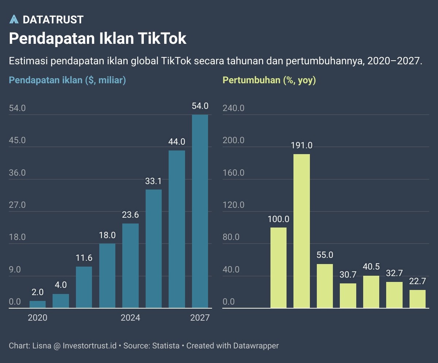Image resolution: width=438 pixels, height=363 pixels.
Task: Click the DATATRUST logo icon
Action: pyautogui.click(x=14, y=20)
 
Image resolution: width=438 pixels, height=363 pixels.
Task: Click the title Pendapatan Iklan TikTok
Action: pyautogui.click(x=97, y=39)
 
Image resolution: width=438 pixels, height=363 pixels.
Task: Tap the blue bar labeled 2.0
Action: pyautogui.click(x=38, y=304)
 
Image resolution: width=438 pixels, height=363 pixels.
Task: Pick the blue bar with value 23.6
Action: pyautogui.click(x=130, y=265)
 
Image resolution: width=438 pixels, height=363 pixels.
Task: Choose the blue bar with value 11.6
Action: pyautogui.click(x=84, y=287)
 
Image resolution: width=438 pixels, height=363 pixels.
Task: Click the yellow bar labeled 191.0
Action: pyautogui.click(x=301, y=231)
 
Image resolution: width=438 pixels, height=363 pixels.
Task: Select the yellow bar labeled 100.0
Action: pyautogui.click(x=278, y=268)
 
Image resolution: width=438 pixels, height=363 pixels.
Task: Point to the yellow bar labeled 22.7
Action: pyautogui.click(x=418, y=299)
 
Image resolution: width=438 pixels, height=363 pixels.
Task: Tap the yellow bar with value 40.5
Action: pyautogui.click(x=371, y=292)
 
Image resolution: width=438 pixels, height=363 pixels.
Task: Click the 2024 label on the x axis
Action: pyautogui.click(x=130, y=318)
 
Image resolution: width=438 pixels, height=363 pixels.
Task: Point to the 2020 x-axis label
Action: pyautogui.click(x=38, y=318)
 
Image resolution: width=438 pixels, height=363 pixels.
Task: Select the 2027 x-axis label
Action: pyautogui.click(x=200, y=318)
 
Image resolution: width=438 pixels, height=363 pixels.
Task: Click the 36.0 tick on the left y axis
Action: pyautogui.click(x=17, y=173)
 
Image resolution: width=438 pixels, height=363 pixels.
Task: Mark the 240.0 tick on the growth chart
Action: pyautogui.click(x=234, y=108)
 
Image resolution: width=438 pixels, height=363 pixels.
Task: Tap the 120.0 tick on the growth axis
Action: pyautogui.click(x=234, y=205)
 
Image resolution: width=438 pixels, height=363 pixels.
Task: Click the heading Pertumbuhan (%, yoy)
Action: pyautogui.click(x=269, y=80)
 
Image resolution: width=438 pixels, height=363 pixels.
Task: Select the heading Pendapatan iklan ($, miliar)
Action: pyautogui.click(x=67, y=80)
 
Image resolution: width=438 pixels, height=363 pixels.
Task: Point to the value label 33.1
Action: pyautogui.click(x=154, y=181)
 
